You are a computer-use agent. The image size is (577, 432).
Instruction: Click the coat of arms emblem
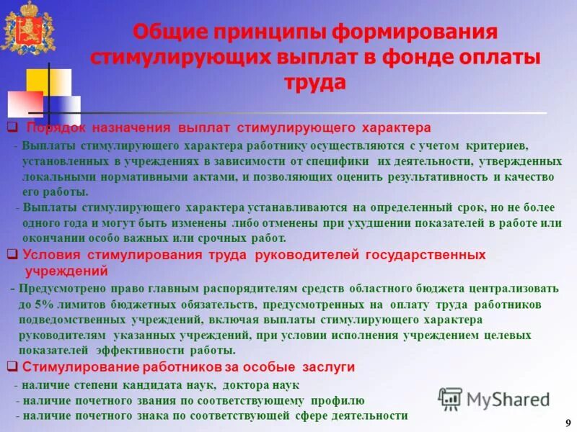[x=27, y=27]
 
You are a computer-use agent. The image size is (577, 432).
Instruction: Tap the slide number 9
[x=568, y=422]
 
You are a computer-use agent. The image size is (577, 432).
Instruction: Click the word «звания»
[x=164, y=400]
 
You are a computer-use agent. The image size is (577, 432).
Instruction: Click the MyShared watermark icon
[x=449, y=398]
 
